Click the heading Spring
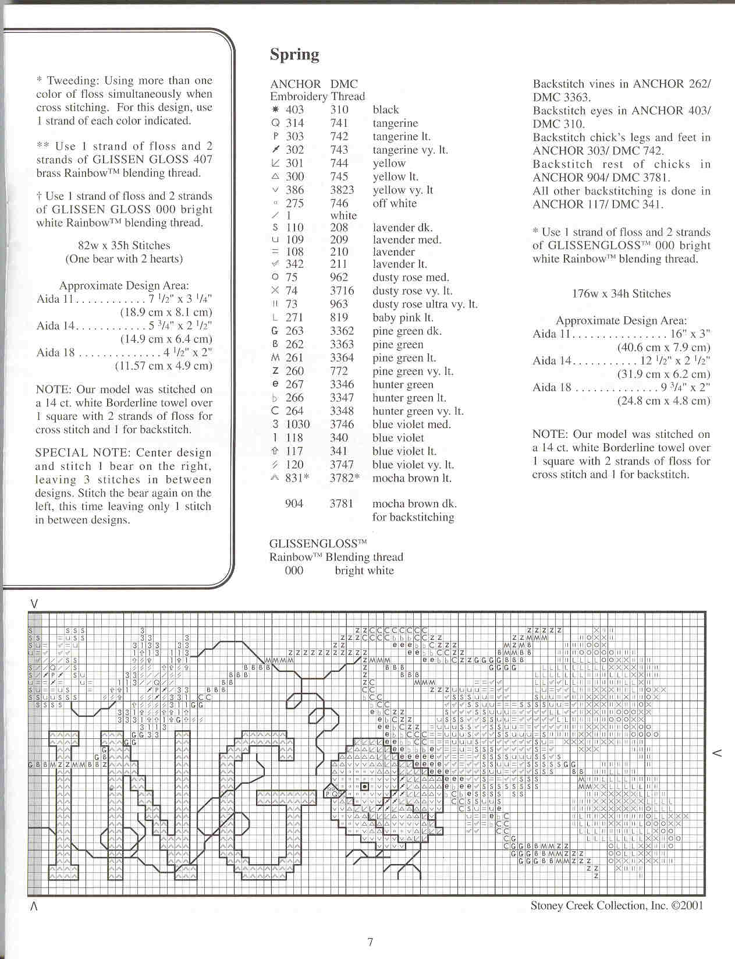(294, 55)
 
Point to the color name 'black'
(386, 109)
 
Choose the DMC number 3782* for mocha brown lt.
(345, 478)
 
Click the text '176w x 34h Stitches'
(621, 294)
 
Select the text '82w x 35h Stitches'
(124, 246)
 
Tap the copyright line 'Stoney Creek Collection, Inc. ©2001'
(617, 905)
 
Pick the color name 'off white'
(395, 203)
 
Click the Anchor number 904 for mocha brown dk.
(294, 504)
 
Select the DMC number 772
(339, 371)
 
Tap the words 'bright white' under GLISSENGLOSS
(364, 571)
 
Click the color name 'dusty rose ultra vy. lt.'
(425, 305)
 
